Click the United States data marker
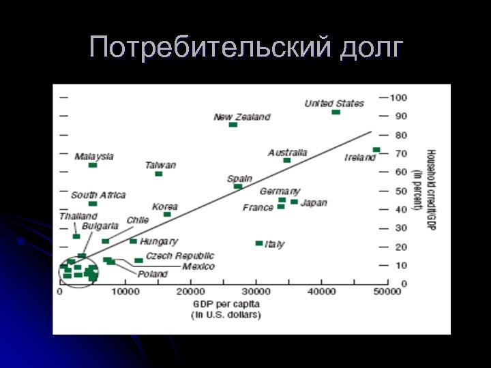coord(336,112)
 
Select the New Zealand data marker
coord(233,125)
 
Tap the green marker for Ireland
coord(376,150)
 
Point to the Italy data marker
coord(259,243)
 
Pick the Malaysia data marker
coord(93,165)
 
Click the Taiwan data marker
coord(159,174)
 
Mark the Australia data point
coord(287,160)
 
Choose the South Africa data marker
coord(93,204)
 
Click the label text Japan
coord(314,202)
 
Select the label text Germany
coord(279,191)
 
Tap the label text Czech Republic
coord(180,256)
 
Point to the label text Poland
coord(153,274)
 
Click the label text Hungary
coord(159,241)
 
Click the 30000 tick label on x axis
coord(256,292)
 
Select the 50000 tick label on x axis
coord(386,292)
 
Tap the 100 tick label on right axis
coord(398,97)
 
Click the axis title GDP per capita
coord(226,303)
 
